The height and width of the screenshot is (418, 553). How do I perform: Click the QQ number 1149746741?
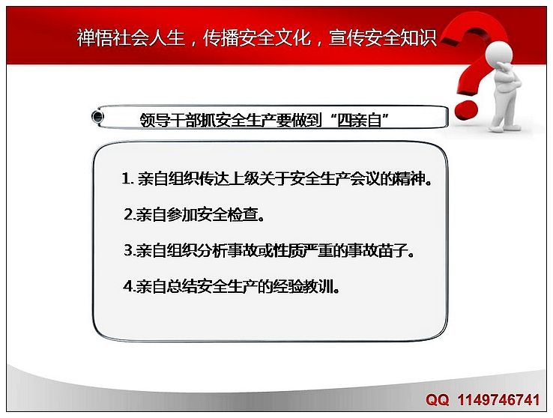pos(499,400)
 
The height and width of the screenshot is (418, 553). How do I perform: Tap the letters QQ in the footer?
pos(438,400)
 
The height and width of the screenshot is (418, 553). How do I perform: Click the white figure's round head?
pos(499,54)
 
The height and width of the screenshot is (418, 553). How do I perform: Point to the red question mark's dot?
pos(465,110)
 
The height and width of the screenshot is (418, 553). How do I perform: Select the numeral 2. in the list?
pos(129,215)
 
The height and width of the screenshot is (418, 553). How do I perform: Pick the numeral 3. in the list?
pos(129,251)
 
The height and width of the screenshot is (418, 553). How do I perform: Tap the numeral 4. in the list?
pos(129,287)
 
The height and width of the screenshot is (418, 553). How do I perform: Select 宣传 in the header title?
pos(346,37)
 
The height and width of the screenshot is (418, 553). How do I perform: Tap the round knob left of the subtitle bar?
pos(97,116)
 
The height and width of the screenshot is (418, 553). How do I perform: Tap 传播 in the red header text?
pos(220,37)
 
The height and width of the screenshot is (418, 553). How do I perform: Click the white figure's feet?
pos(505,127)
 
